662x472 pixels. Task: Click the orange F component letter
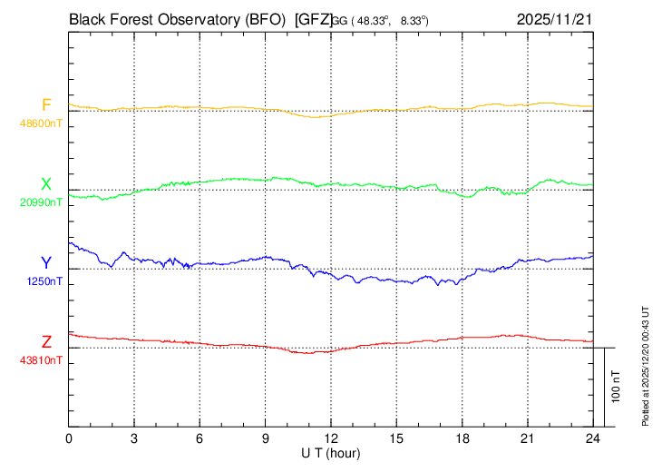point(46,105)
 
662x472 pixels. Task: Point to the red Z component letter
point(46,342)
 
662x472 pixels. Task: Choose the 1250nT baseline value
point(44,281)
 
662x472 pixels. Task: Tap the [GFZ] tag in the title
point(312,18)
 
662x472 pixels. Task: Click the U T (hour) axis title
point(332,453)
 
